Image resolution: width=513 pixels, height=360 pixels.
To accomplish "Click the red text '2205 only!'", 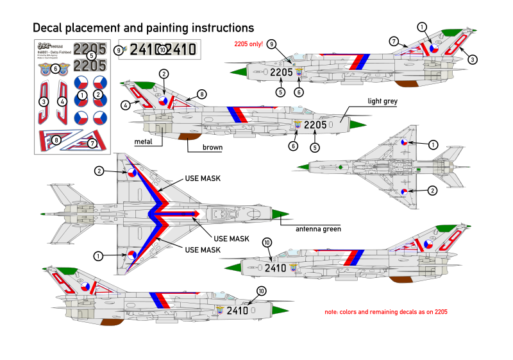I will click(248, 44).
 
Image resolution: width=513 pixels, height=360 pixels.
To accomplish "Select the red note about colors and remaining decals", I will click(386, 312).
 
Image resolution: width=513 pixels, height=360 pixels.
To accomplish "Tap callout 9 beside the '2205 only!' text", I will click(272, 44).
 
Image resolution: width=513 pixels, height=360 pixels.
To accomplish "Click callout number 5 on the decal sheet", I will click(91, 56).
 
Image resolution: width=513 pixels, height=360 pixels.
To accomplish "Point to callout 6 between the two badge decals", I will click(55, 68).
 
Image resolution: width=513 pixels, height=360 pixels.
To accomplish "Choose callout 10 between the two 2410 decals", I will click(162, 49).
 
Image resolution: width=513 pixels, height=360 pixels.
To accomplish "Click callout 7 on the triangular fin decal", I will click(92, 143).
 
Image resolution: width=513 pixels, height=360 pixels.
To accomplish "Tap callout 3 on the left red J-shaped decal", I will click(44, 101).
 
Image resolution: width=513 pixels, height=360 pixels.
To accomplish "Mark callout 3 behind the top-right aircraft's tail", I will click(473, 60).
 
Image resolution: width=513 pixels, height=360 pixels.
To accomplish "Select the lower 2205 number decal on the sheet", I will click(90, 65).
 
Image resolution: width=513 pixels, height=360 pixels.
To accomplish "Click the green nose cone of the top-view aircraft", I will click(280, 214).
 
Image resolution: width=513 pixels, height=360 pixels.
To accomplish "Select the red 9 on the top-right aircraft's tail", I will click(456, 44).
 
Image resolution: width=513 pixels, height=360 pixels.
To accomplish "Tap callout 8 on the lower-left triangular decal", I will click(56, 140).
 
